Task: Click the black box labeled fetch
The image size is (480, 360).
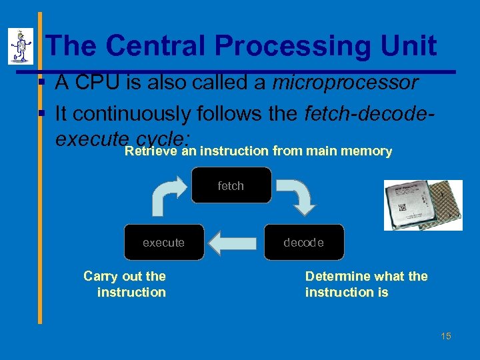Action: coord(231,185)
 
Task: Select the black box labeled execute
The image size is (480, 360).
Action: coord(163,243)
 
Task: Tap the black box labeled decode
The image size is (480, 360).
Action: coord(303,243)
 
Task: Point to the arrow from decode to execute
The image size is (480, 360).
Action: coord(233,243)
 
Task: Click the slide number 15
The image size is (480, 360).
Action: coord(445,336)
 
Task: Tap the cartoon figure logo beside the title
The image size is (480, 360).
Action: coord(21,47)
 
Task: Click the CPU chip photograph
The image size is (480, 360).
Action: coord(423,205)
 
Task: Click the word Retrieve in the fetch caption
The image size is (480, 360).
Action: coord(151,151)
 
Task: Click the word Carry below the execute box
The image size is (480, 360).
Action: coord(99,276)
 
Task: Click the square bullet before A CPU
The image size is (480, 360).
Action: coord(41,83)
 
